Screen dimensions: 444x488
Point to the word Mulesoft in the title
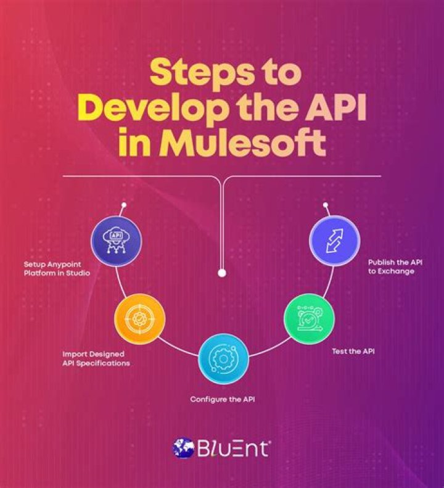pyautogui.click(x=243, y=143)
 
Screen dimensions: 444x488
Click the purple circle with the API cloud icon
pyautogui.click(x=117, y=241)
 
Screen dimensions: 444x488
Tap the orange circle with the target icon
pyautogui.click(x=140, y=319)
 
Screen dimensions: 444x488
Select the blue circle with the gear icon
pyautogui.click(x=224, y=359)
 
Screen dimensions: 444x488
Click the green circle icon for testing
pyautogui.click(x=310, y=319)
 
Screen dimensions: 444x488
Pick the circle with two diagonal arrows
pyautogui.click(x=334, y=241)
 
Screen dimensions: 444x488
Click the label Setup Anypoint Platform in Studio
pyautogui.click(x=57, y=269)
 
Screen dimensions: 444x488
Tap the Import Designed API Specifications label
pyautogui.click(x=96, y=358)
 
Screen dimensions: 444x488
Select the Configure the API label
pyautogui.click(x=223, y=399)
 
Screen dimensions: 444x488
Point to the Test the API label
pyautogui.click(x=353, y=352)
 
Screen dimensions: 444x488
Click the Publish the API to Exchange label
pyautogui.click(x=395, y=267)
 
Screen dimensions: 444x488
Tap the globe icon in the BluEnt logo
pyautogui.click(x=183, y=448)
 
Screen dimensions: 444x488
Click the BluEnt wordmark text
pyautogui.click(x=232, y=449)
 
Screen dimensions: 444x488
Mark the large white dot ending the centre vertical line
pyautogui.click(x=222, y=273)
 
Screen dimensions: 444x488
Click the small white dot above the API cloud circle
pyautogui.click(x=124, y=205)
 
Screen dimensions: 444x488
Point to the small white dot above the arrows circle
pyautogui.click(x=326, y=205)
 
